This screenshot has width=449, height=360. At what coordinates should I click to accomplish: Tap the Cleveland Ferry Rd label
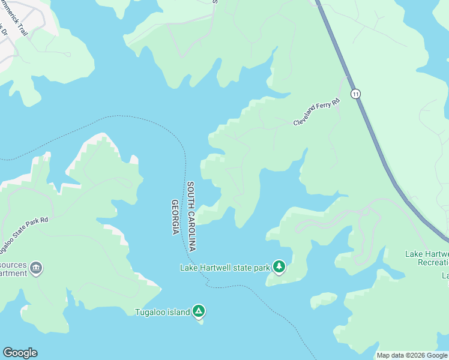pos(316,112)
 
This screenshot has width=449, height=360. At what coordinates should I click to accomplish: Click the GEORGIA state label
pos(175,217)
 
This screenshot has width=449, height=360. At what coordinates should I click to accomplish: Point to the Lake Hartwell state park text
pos(225,268)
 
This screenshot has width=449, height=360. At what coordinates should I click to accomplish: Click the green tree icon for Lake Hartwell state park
pos(279,266)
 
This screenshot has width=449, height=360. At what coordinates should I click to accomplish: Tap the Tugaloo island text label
pos(162,311)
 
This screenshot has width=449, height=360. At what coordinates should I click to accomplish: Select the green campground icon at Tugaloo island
pos(199,311)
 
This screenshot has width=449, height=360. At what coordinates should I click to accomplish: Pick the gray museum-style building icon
pos(36,268)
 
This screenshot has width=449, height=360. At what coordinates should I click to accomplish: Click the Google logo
pos(20,353)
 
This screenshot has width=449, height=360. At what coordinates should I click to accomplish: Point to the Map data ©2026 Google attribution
pos(412,355)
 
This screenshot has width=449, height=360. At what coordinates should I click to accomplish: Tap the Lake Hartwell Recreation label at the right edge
pos(427,258)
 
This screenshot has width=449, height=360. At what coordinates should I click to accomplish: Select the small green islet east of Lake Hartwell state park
pos(324,300)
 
